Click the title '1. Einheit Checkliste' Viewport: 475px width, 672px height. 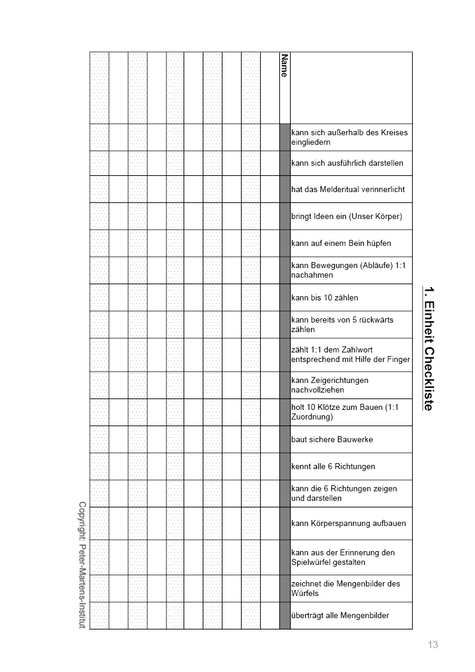point(428,349)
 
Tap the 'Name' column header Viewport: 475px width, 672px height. point(284,66)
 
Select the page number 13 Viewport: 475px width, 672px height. point(433,644)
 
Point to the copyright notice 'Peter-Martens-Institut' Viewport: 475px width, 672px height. point(83,565)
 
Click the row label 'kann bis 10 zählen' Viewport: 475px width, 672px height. point(324,297)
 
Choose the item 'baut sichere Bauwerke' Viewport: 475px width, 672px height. point(331,439)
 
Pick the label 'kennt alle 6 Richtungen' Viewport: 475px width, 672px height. point(333,466)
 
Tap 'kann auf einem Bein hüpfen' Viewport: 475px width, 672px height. point(340,243)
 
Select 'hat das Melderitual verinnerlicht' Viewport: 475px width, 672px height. point(348,189)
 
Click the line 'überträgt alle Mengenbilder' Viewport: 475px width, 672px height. point(340,615)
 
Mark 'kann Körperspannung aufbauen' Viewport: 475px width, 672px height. point(348,523)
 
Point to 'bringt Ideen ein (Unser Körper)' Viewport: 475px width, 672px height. point(346,216)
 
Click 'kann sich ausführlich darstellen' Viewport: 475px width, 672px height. point(347,163)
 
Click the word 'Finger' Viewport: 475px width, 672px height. point(398,359)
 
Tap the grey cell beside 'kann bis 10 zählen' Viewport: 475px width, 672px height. point(285,297)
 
